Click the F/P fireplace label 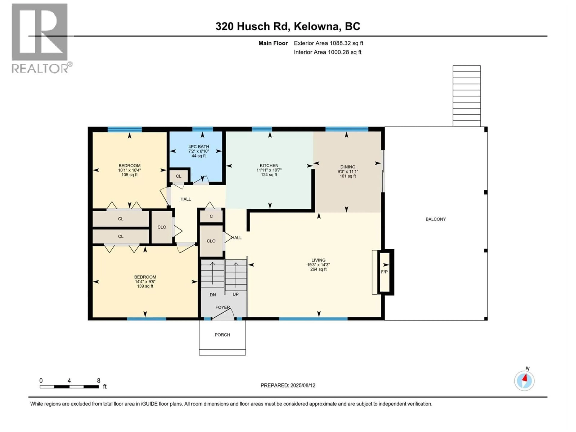pos(384,272)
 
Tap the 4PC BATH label pos(199,147)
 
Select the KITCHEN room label pos(269,166)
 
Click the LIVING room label pos(318,260)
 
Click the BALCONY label pos(436,219)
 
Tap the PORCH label pos(222,335)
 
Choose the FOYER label pos(222,307)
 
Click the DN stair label pos(213,295)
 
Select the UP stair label pos(235,294)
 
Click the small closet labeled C pos(211,216)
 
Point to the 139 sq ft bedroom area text pos(145,286)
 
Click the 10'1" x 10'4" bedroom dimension pos(129,170)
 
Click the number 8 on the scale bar pos(98,380)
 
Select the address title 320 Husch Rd pos(252,26)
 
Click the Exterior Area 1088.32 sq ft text pos(328,43)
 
